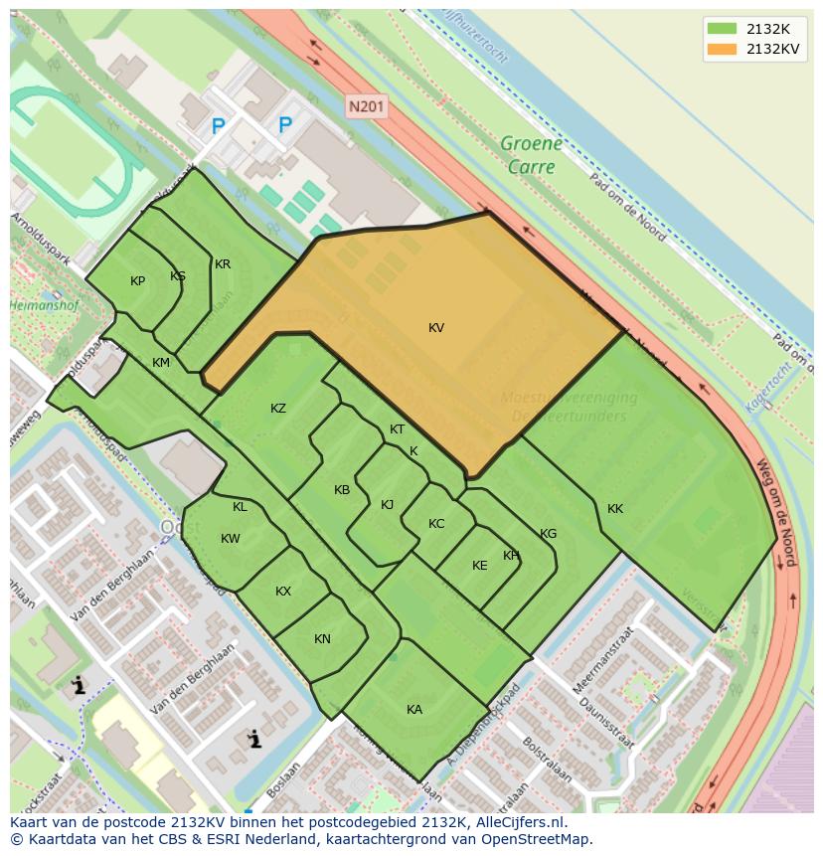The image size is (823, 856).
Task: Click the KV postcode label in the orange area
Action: click(x=436, y=328)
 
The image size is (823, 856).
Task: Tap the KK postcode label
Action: click(x=615, y=509)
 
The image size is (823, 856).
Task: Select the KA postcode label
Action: click(x=414, y=709)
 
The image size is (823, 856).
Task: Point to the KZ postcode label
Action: click(x=278, y=409)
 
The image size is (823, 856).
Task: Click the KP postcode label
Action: click(x=138, y=281)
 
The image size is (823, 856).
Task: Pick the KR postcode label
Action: click(x=223, y=264)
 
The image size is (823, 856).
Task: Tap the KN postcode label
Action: click(x=322, y=639)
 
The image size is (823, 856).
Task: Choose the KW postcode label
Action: click(x=231, y=539)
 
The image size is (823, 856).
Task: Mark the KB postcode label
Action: click(x=342, y=490)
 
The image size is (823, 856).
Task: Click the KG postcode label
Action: click(x=548, y=534)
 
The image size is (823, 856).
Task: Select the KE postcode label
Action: click(x=480, y=566)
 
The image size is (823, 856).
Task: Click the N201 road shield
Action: click(x=367, y=104)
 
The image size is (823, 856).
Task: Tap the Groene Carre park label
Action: click(x=531, y=155)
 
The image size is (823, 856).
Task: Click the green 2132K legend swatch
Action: click(x=721, y=28)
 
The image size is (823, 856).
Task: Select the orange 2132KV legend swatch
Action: click(x=721, y=49)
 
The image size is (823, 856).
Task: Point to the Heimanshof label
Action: click(x=44, y=306)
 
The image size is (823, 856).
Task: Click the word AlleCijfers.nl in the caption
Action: click(x=517, y=822)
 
